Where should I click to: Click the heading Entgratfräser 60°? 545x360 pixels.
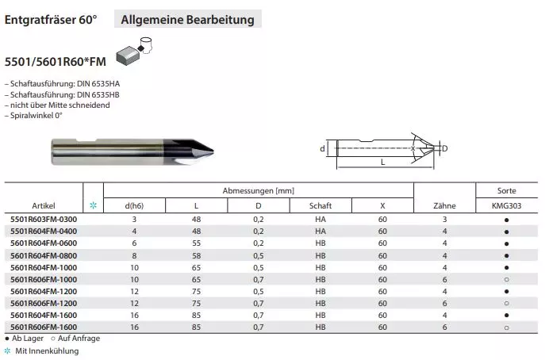pos(51,20)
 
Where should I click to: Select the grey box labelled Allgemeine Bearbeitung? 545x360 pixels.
pos(188,19)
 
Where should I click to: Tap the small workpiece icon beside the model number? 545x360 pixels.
pos(134,51)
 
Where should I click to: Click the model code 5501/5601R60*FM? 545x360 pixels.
pos(56,62)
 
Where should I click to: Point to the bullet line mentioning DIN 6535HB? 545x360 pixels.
pos(62,94)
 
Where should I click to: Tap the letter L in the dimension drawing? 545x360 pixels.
pos(382,162)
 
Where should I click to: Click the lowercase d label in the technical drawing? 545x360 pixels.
pos(322,149)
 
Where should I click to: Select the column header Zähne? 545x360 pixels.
pos(444,205)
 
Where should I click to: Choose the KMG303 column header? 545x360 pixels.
pos(506,205)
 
